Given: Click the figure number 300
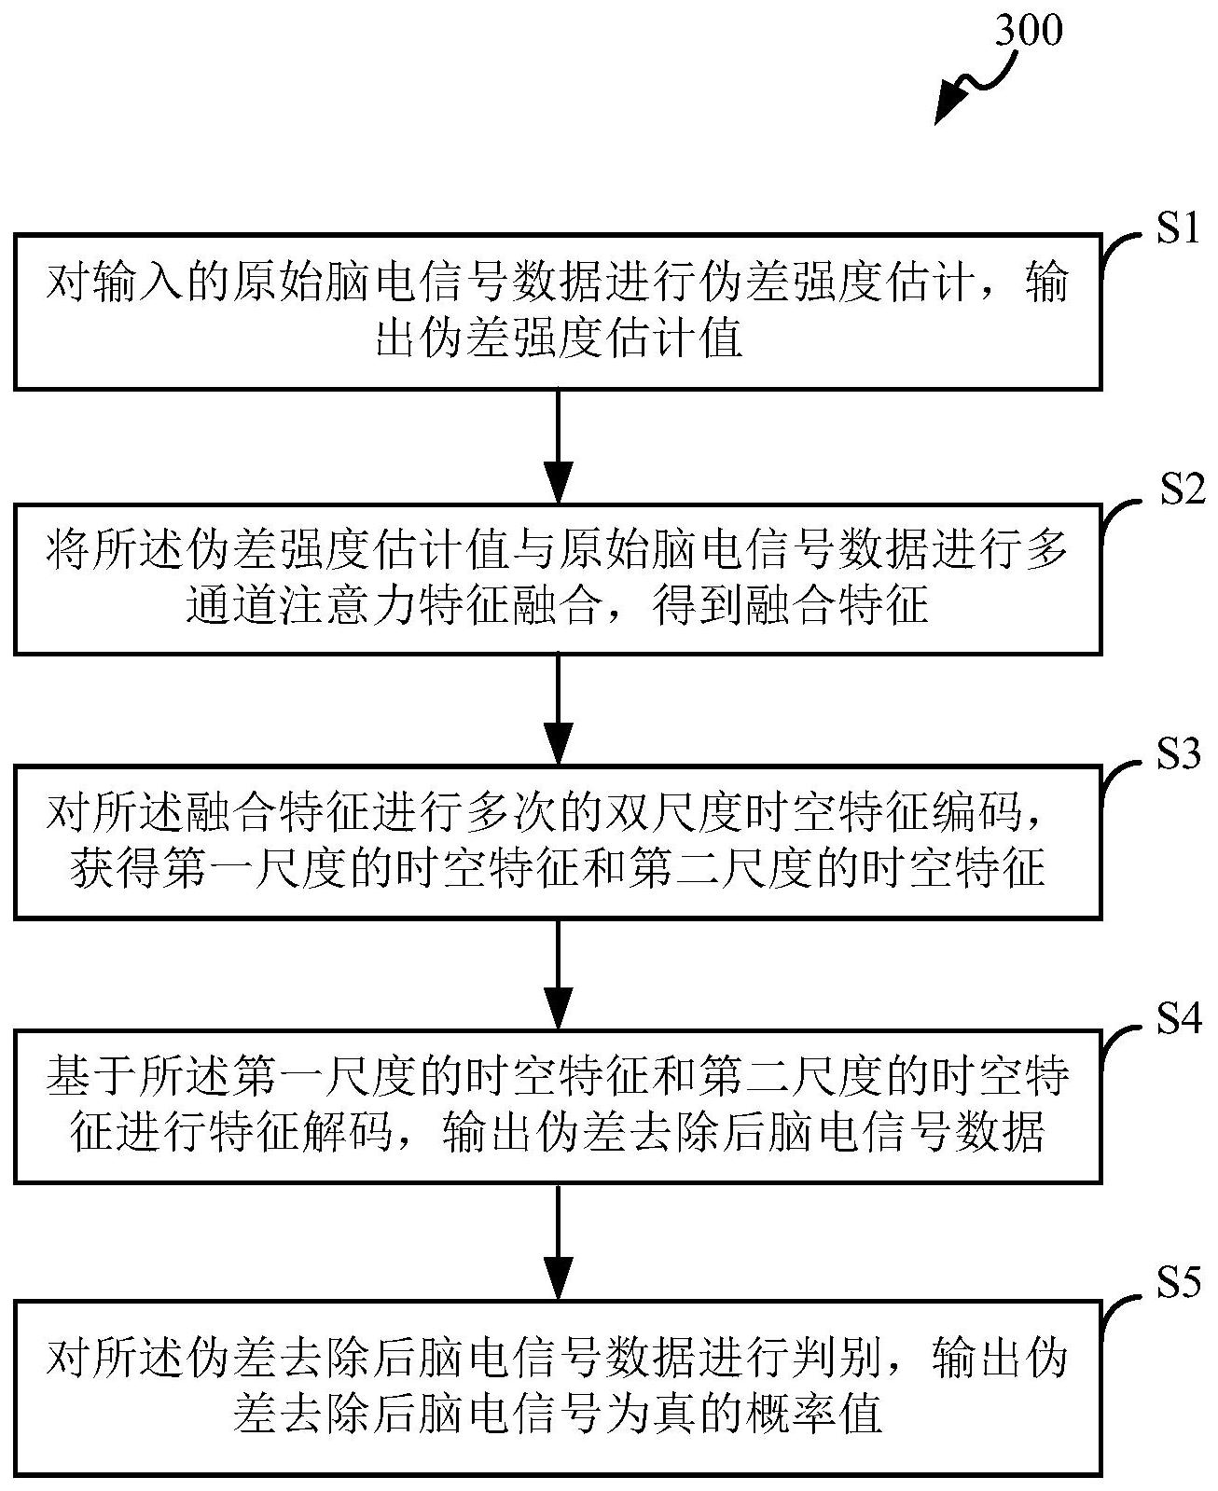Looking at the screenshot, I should click(1028, 32).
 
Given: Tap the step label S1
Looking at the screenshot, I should click(1177, 228).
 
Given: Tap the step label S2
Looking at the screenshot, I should click(1182, 490).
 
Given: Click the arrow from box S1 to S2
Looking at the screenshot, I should click(558, 446).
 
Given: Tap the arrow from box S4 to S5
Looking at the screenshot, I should click(558, 1240).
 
